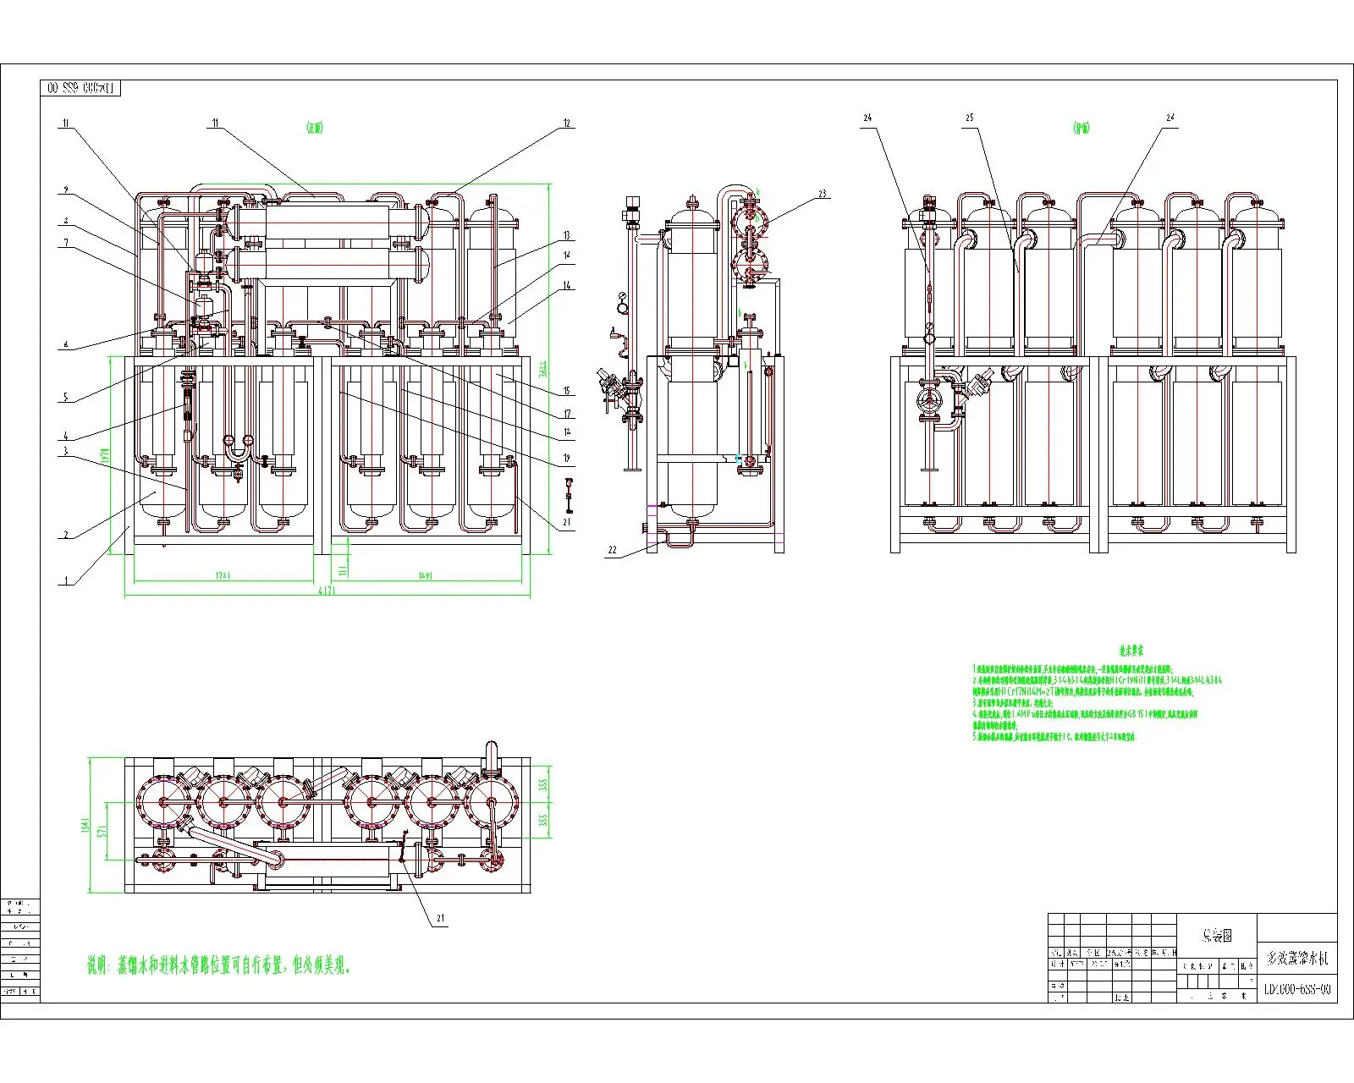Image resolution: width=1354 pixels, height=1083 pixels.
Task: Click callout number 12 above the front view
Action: click(567, 124)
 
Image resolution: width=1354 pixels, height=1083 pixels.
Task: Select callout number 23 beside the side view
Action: click(821, 194)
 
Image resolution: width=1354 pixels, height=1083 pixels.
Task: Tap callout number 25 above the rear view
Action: click(970, 118)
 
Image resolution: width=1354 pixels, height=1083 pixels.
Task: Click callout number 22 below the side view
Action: click(611, 550)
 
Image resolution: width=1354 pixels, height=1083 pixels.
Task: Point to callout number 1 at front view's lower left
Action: click(63, 581)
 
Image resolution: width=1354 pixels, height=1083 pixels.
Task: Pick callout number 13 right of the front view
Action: click(567, 235)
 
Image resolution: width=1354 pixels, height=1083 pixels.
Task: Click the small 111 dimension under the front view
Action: click(342, 564)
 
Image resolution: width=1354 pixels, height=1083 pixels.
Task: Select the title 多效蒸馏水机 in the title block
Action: click(1297, 959)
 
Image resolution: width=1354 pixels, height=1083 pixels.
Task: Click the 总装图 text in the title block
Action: click(1216, 935)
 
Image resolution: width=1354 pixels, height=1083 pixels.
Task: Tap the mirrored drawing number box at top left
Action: click(80, 88)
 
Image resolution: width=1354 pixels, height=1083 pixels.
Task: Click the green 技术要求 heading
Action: click(1131, 651)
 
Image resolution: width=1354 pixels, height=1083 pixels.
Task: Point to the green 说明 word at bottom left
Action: click(100, 965)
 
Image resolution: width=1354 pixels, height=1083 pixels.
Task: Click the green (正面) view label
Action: click(315, 128)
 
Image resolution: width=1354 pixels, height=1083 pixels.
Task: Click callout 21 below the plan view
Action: click(441, 918)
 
